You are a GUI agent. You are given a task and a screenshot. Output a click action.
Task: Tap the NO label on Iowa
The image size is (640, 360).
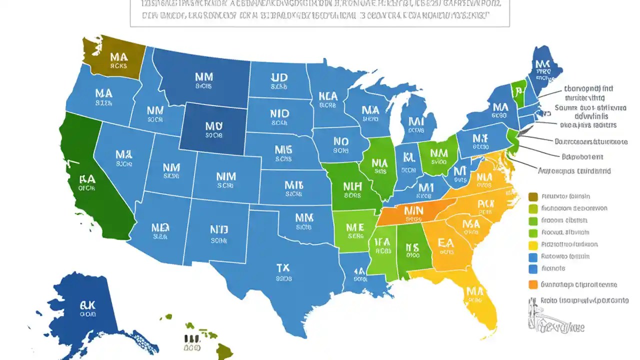340,141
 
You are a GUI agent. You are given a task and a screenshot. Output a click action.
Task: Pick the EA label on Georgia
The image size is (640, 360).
445,243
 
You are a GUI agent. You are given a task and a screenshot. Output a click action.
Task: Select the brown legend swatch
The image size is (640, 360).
532,196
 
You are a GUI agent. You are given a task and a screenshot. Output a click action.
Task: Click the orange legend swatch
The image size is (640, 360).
532,284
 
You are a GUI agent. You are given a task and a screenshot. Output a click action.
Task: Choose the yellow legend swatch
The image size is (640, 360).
532,244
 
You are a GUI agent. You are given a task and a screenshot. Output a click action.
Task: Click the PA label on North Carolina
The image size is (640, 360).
485,203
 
